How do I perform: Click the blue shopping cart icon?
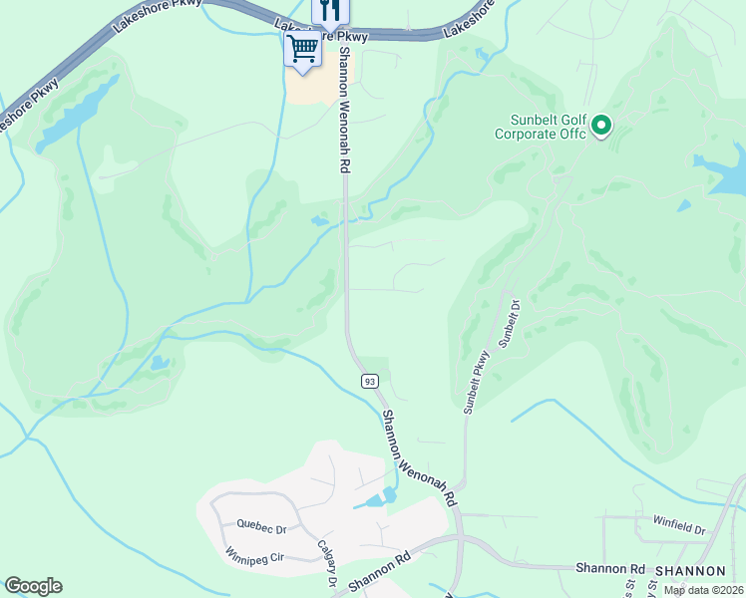tap(303, 46)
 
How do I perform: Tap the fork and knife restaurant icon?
tap(331, 11)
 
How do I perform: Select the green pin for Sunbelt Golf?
tap(601, 127)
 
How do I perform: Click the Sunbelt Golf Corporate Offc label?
tap(540, 127)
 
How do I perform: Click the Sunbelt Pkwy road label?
tap(477, 382)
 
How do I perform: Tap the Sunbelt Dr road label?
tap(511, 324)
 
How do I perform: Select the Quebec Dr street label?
tap(261, 524)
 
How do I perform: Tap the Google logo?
tap(33, 586)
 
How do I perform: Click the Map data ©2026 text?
tap(702, 590)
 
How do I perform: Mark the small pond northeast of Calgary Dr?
tap(376, 499)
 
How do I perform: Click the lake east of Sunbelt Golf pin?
tap(726, 169)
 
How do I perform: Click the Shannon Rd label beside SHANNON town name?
tap(609, 568)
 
